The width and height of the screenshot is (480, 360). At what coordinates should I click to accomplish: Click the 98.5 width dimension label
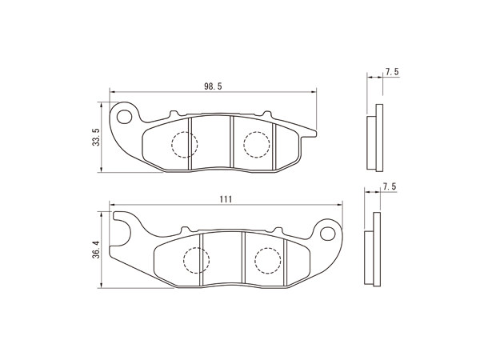pos(213,86)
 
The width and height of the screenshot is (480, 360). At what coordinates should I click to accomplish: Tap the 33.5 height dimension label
pos(96,137)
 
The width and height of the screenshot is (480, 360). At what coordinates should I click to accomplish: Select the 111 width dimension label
pos(226,199)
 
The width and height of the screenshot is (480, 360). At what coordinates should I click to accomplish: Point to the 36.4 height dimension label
pos(96,250)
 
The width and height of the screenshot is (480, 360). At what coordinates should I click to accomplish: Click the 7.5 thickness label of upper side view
pos(392,72)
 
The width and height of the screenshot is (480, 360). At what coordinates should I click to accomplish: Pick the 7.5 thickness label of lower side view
pos(390,186)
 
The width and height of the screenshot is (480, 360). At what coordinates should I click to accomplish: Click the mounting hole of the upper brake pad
pos(124,117)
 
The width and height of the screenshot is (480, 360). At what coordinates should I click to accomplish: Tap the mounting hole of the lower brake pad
pos(327,234)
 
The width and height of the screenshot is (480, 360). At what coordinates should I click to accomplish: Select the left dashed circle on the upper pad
pos(185,145)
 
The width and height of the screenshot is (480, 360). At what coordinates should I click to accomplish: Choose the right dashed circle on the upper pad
pos(257,145)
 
